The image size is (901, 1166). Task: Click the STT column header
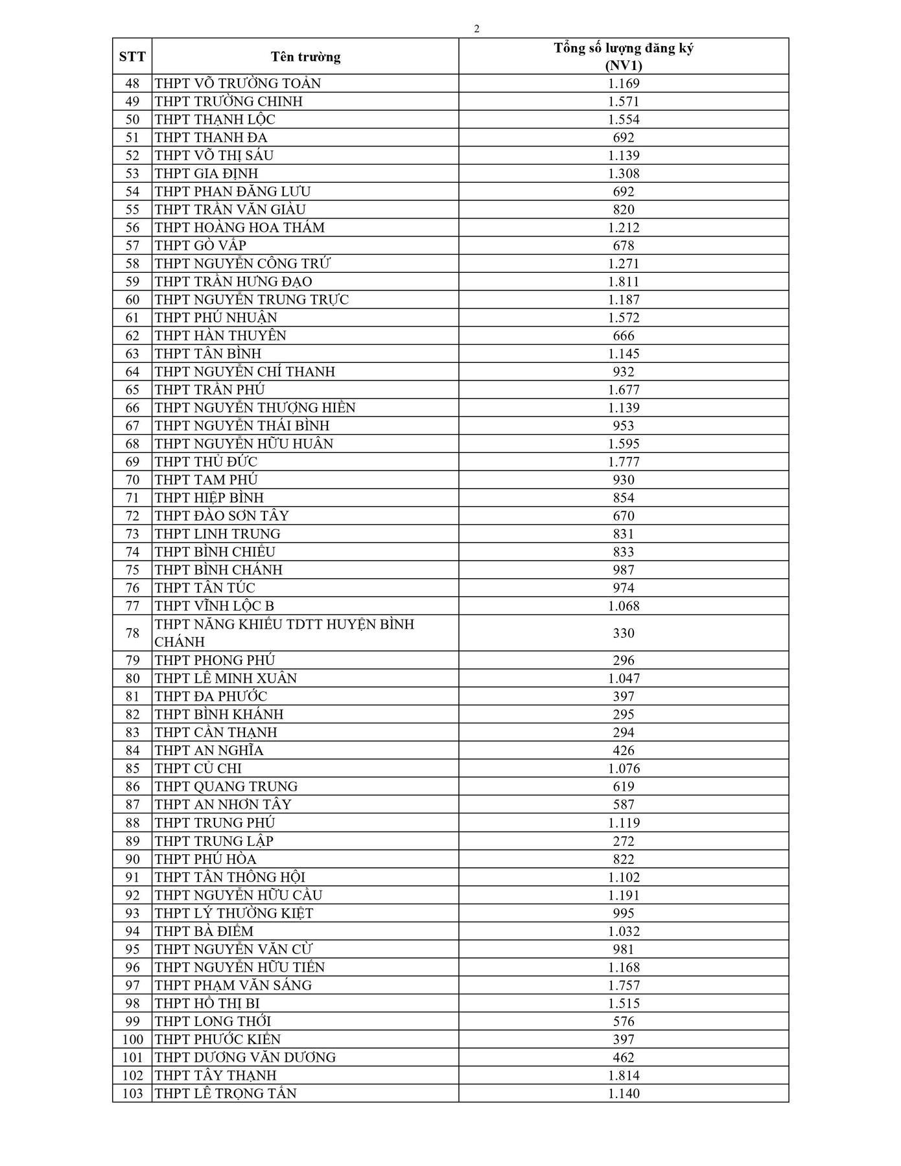(132, 56)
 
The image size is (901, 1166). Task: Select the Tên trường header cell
(305, 56)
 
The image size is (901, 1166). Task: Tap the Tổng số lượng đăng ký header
(624, 56)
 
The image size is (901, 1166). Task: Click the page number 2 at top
(477, 29)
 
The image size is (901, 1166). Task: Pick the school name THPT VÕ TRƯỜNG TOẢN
(237, 84)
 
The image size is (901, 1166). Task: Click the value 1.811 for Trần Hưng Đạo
(624, 282)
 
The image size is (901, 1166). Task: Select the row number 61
(132, 318)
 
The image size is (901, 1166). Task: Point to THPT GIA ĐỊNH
(206, 174)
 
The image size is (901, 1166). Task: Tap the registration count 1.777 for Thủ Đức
(624, 462)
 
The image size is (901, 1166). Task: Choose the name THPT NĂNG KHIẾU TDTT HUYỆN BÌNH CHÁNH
(284, 633)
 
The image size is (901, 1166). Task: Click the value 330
(624, 633)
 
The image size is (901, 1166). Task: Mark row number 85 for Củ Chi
(132, 769)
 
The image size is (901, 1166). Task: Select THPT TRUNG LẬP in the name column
(214, 841)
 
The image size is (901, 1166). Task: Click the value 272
(624, 841)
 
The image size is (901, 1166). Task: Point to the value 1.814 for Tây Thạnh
(624, 1076)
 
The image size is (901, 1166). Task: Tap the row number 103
(132, 1094)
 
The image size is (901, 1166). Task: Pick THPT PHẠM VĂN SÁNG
(233, 986)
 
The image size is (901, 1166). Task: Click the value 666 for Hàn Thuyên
(624, 336)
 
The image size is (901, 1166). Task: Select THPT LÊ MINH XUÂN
(226, 679)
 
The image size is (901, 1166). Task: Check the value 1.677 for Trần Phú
(624, 390)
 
